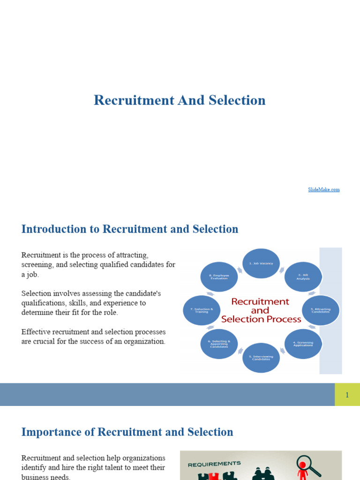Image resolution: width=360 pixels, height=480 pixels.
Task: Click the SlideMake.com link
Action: pos(323,189)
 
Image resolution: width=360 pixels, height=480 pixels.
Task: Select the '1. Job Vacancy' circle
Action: pos(261,264)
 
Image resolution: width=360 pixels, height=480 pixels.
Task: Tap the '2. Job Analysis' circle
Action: pos(303,277)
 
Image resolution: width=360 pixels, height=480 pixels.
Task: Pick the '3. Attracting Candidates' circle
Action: pos(321,310)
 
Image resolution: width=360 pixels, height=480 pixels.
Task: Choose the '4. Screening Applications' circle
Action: pos(303,344)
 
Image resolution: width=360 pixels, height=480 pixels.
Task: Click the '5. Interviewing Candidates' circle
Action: pos(261,358)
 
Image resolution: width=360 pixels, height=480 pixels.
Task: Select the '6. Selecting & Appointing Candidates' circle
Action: pos(219,344)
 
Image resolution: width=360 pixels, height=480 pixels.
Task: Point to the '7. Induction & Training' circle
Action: pos(202,310)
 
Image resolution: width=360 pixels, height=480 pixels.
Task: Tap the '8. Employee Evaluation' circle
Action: pos(219,277)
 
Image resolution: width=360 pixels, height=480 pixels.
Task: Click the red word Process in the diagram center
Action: pos(282,319)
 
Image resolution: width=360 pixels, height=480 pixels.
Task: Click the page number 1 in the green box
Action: pos(347,395)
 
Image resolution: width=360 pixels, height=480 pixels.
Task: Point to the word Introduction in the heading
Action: pos(54,229)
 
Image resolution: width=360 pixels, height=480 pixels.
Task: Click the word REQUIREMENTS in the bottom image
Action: pos(214,464)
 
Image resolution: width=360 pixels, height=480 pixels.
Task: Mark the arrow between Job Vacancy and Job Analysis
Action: pos(282,269)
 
